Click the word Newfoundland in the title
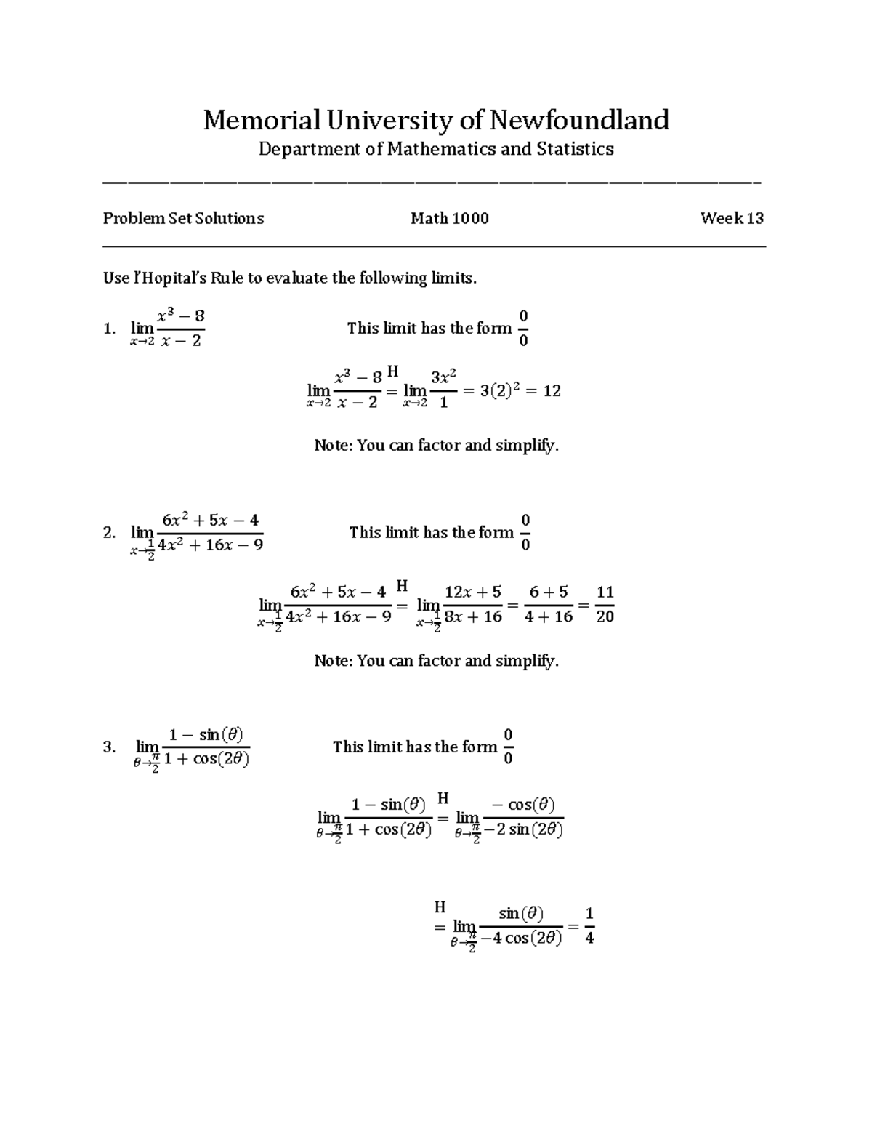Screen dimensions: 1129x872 (578, 120)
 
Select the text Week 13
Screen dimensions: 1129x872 (731, 218)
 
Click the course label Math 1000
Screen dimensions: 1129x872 (449, 218)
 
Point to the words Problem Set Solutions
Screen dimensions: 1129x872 (183, 218)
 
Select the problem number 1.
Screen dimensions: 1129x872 (109, 329)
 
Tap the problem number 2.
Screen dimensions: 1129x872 (109, 533)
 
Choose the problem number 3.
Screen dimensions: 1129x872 (109, 747)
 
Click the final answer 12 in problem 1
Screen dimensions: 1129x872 (552, 391)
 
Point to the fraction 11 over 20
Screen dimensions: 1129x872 (605, 605)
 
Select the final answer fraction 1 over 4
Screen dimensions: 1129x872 (589, 925)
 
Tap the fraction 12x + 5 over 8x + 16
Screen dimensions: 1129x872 (473, 605)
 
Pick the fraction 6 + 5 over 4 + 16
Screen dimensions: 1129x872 (549, 605)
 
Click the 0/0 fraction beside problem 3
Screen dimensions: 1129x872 (508, 747)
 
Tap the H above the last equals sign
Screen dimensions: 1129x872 (440, 907)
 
